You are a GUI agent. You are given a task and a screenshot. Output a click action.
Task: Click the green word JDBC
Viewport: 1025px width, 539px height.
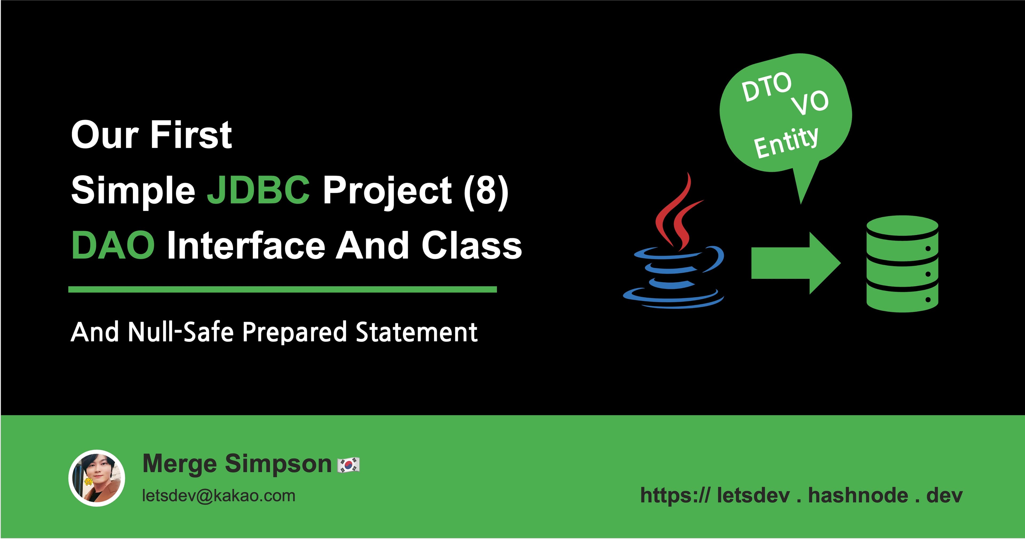click(x=258, y=190)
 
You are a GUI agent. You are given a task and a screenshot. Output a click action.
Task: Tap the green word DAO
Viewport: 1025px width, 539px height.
click(x=113, y=246)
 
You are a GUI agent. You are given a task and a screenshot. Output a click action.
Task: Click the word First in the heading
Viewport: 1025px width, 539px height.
click(x=191, y=135)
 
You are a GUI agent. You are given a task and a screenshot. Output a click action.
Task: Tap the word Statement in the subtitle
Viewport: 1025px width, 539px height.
click(x=416, y=332)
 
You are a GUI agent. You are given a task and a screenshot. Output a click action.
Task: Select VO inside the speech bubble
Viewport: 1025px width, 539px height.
click(x=810, y=103)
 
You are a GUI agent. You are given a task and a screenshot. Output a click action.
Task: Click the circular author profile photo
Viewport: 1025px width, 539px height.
click(x=97, y=478)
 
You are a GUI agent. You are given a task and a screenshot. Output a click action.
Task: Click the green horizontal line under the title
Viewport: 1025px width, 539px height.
click(x=282, y=290)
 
